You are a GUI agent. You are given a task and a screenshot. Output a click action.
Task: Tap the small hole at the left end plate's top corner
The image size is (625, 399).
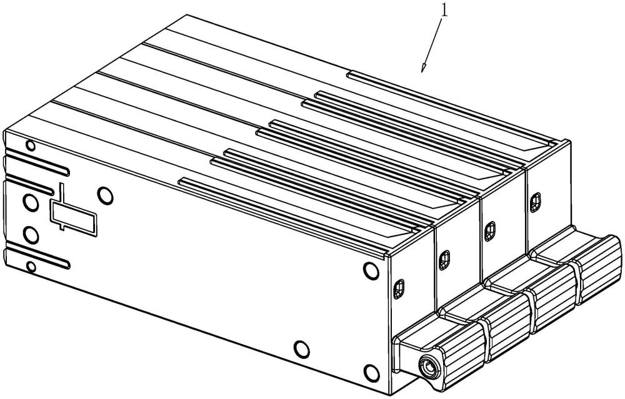point(30,145)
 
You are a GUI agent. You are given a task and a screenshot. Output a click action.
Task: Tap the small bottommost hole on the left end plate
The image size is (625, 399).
point(30,266)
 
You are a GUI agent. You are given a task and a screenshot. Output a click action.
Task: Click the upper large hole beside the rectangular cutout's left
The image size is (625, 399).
point(31,202)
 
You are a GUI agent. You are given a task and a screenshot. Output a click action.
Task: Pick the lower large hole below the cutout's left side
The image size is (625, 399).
point(31,235)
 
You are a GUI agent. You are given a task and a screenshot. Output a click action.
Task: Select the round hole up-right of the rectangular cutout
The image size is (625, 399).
point(105,196)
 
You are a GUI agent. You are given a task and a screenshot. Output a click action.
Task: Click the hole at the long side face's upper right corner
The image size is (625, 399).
point(371,270)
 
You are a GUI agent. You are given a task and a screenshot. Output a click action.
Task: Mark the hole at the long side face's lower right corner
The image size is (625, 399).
point(371,372)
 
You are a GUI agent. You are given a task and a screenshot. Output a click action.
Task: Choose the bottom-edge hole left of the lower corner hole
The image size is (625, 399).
point(302,349)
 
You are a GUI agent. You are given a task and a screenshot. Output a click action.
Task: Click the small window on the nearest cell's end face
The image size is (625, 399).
point(399,289)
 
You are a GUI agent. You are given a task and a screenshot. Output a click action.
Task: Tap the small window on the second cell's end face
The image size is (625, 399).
point(444,260)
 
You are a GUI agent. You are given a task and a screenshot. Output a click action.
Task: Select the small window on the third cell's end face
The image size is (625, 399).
point(489,232)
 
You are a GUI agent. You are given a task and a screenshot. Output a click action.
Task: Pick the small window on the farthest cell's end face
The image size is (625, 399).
point(536,203)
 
